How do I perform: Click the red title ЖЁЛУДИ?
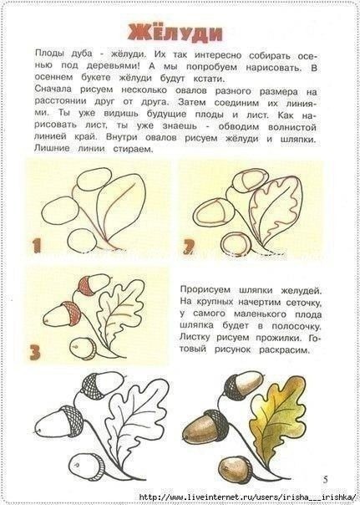pos(175,33)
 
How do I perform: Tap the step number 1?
pos(37,245)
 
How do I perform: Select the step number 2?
pos(189,247)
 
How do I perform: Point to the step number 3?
pos(35,352)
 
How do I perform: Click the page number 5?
pos(326,480)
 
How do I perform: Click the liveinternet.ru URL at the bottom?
pos(249,497)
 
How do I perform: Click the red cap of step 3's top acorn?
pos(86,286)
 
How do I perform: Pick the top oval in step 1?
pos(94,180)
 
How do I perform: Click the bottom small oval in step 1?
pos(82,241)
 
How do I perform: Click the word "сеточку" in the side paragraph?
pos(302,302)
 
